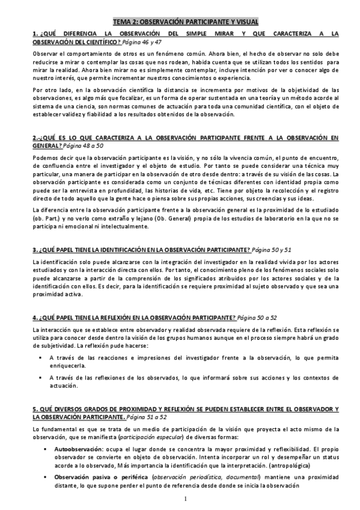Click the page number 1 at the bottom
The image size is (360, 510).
tap(186, 499)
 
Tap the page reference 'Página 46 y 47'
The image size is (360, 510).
tap(146, 42)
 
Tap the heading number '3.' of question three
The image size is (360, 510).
tap(35, 249)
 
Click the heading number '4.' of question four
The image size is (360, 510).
tap(35, 316)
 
